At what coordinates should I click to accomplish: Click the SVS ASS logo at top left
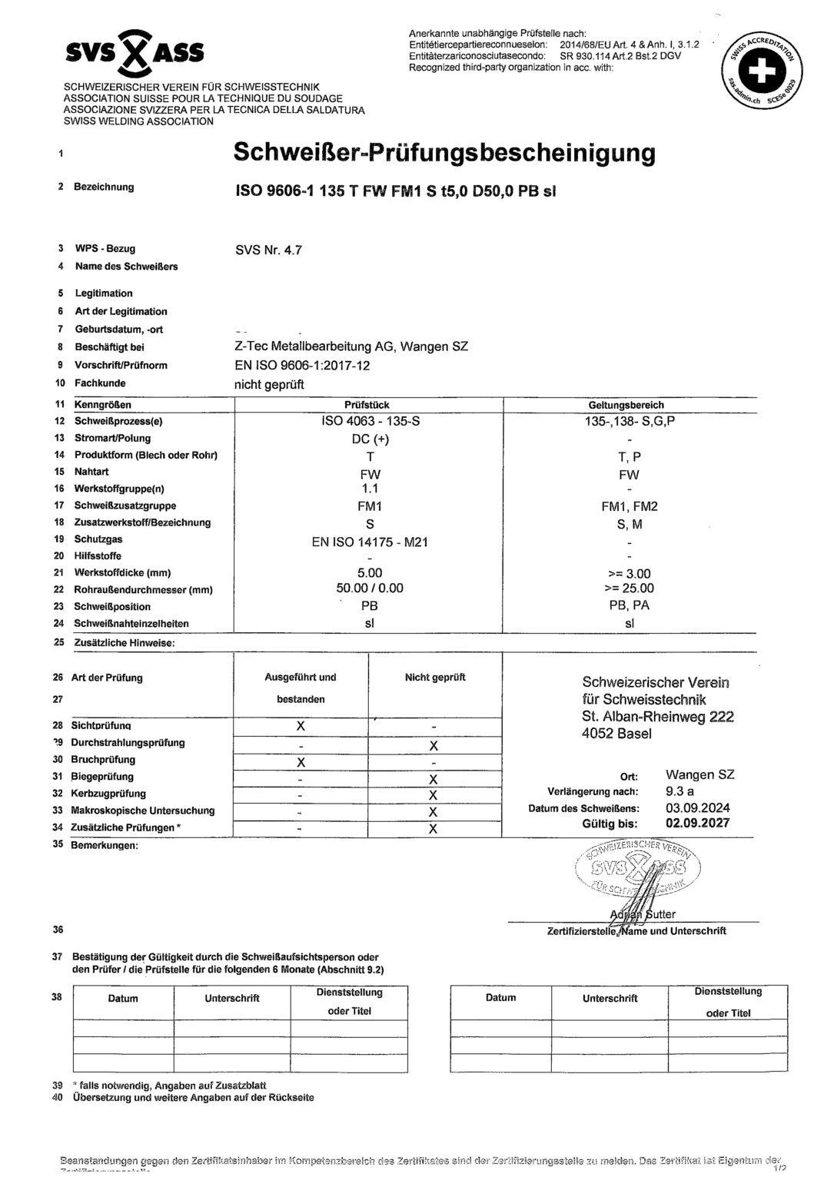tap(135, 52)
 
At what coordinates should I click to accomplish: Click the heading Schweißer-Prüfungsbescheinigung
tap(444, 152)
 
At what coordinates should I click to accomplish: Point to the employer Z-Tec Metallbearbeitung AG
tap(351, 346)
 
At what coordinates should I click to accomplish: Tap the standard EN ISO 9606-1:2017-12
tap(302, 365)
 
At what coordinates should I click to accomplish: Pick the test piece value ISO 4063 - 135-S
tap(370, 421)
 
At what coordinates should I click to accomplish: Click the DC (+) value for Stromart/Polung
tap(370, 439)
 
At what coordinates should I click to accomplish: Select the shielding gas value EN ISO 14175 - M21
tap(370, 542)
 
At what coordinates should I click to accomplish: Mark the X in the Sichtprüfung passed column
tap(301, 726)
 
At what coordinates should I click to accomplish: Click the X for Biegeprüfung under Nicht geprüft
tap(434, 779)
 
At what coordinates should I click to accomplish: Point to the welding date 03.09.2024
tap(697, 808)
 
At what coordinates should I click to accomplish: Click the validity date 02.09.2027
tap(697, 824)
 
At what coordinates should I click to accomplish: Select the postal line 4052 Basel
tap(616, 734)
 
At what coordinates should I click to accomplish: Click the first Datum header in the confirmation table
tap(123, 999)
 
